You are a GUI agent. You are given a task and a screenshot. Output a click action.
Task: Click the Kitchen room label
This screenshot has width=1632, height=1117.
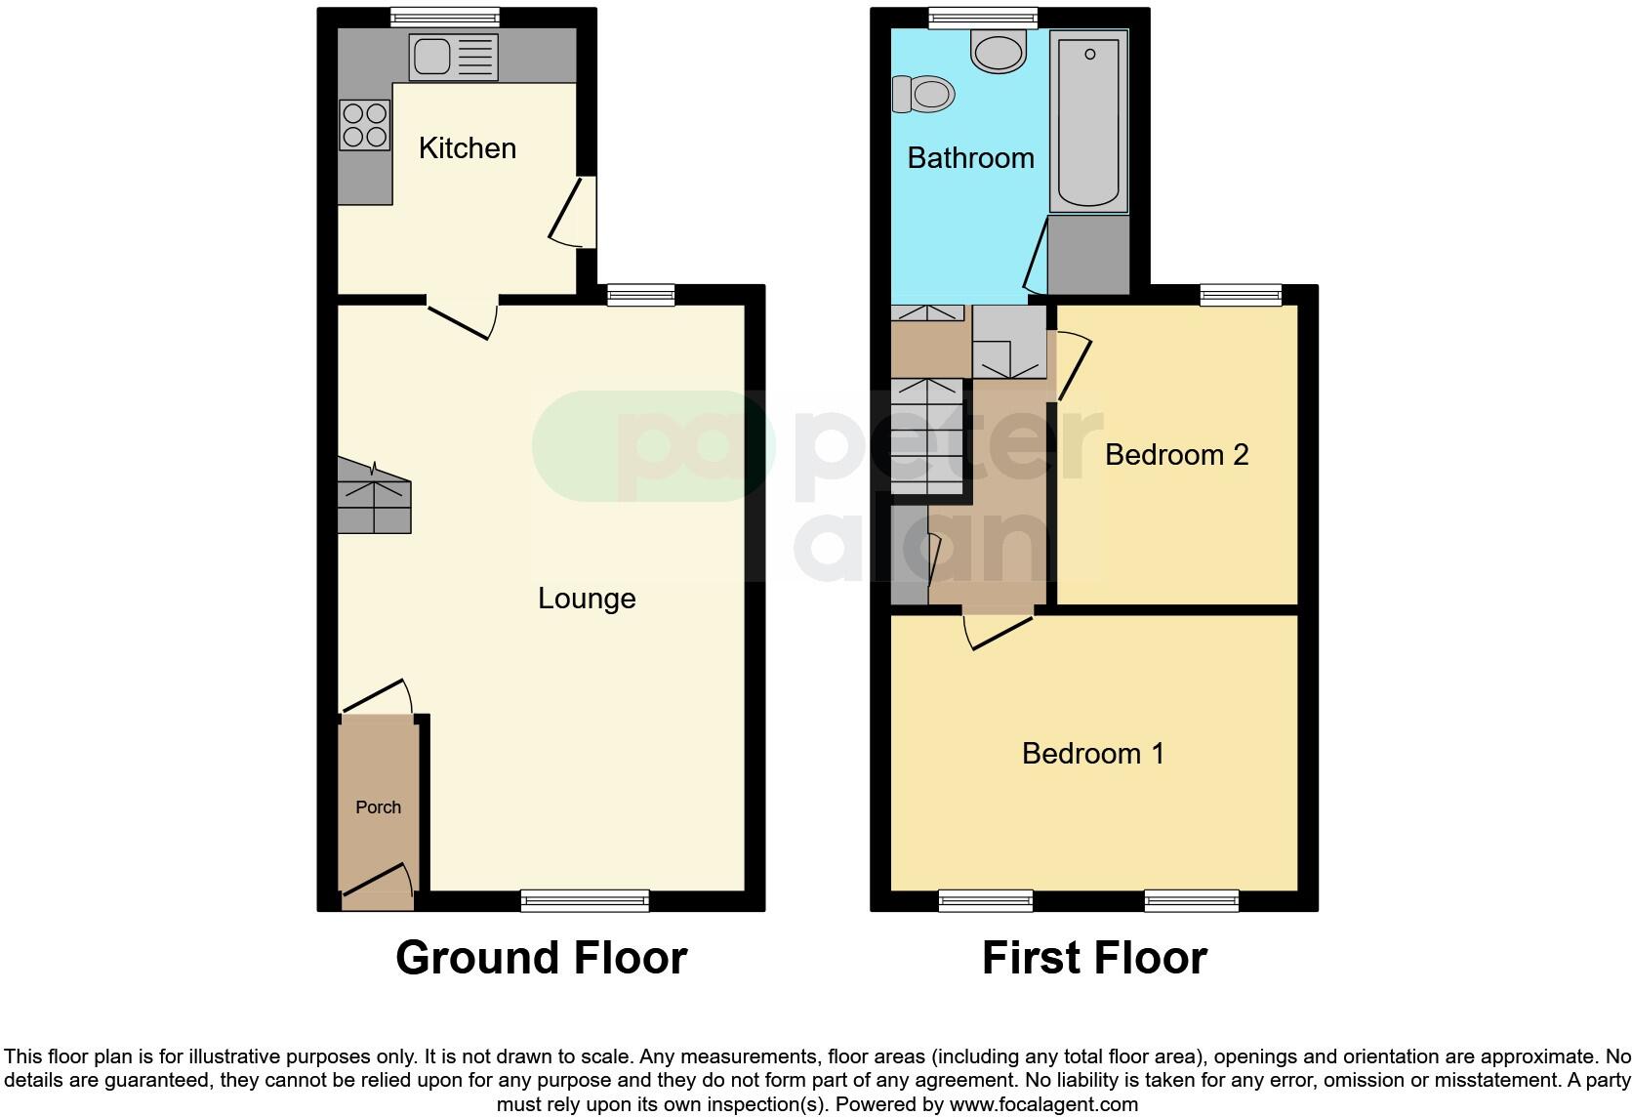467,148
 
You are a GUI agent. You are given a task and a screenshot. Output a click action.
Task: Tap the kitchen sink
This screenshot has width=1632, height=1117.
453,58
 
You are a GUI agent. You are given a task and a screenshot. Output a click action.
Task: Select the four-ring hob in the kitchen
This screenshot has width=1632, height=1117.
364,125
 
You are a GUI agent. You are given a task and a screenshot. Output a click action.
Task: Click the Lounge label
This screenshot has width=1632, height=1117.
587,599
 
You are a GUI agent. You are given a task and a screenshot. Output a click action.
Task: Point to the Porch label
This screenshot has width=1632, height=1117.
378,807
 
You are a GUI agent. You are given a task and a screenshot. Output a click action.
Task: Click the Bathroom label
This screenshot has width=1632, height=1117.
970,158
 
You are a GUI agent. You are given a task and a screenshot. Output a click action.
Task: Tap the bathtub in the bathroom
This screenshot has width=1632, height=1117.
1088,121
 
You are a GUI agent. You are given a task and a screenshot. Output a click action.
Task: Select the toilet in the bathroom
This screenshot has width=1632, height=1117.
922,95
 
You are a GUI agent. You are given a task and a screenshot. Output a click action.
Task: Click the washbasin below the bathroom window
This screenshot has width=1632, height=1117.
999,50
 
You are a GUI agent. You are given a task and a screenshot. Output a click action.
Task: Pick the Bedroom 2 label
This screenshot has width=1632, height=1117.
1176,455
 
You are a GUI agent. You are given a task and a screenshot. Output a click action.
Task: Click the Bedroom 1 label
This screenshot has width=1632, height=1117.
1092,754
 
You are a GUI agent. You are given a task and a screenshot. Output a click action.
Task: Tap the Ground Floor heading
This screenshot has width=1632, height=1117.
541,958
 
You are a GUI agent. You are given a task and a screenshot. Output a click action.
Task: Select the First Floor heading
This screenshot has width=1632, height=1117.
1094,958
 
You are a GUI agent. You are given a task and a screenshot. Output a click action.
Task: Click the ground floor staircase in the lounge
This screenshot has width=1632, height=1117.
374,497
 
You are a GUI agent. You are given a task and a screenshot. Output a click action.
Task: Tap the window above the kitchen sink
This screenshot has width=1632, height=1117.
444,17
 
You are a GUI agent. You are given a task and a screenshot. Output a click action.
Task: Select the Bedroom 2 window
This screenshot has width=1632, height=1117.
1240,294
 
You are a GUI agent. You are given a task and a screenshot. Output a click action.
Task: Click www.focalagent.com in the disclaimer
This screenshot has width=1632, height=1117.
1043,1105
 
